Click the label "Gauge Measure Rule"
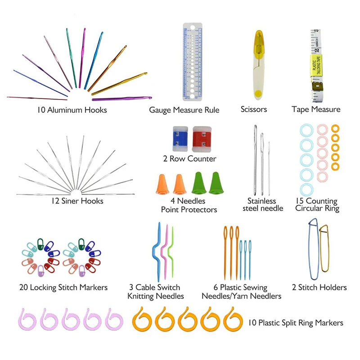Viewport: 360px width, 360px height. pyautogui.click(x=184, y=110)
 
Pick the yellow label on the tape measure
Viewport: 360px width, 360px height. pyautogui.click(x=317, y=64)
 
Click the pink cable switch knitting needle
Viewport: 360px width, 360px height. pyautogui.click(x=164, y=252)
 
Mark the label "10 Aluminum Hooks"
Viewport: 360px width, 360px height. pyautogui.click(x=72, y=110)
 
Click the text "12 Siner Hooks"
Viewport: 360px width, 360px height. pyautogui.click(x=77, y=201)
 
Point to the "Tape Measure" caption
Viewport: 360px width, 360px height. pyautogui.click(x=316, y=109)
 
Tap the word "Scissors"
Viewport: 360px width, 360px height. pyautogui.click(x=254, y=109)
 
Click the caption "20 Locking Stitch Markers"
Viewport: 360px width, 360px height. pyautogui.click(x=63, y=287)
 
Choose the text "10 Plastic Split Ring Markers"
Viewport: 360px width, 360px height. pyautogui.click(x=296, y=323)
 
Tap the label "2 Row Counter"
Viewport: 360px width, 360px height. pyautogui.click(x=189, y=159)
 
